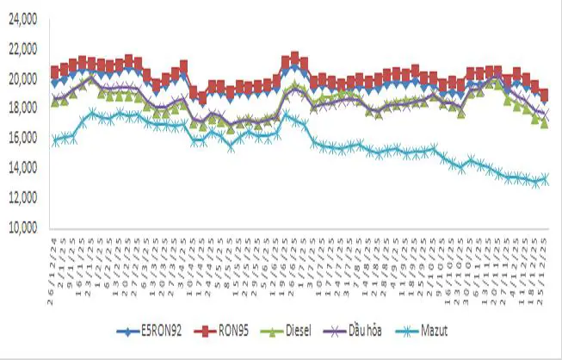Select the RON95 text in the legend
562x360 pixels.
[234, 329]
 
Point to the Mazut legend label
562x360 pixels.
[434, 329]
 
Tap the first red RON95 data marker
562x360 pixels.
[55, 71]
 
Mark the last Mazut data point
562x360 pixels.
[544, 179]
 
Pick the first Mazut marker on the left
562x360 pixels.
[55, 140]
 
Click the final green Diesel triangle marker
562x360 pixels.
[544, 123]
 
